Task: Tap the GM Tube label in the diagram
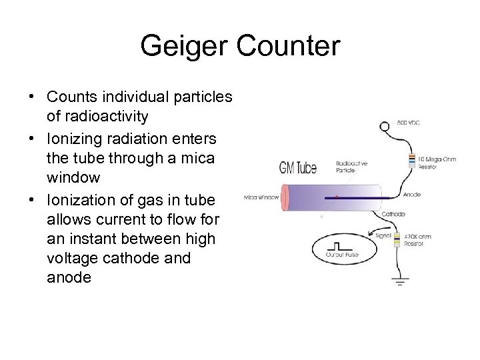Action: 298,167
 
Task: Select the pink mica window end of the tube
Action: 285,197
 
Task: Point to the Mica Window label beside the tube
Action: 260,197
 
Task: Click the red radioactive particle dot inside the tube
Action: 337,197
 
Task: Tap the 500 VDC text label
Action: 409,123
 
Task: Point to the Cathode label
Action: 393,214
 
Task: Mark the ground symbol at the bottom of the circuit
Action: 401,281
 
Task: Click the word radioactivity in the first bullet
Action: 97,116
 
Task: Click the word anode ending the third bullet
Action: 69,277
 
